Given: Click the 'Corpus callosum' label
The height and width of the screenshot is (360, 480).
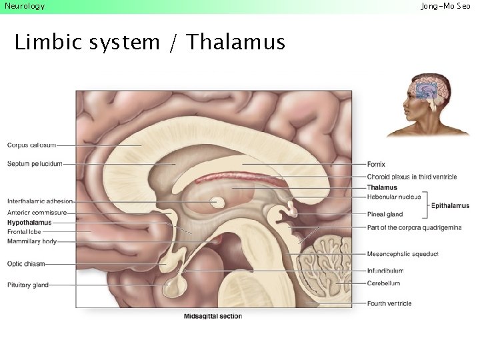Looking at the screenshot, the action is [31, 145].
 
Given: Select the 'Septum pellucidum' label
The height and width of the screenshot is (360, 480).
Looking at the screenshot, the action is [35, 163].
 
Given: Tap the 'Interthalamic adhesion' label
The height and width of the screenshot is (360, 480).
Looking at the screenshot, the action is [40, 201].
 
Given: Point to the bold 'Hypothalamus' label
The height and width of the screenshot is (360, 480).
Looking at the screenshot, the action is [29, 222].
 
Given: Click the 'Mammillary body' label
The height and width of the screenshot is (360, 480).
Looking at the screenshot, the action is [32, 241].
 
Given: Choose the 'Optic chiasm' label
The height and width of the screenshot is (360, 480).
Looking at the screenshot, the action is [25, 264].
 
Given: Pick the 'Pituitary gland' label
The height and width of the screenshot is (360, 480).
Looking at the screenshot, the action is [28, 285].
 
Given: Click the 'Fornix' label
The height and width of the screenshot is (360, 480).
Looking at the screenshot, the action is [376, 164].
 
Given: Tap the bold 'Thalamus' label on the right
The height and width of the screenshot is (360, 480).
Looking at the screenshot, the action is [382, 188].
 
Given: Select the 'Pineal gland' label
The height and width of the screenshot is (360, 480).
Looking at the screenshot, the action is [385, 215].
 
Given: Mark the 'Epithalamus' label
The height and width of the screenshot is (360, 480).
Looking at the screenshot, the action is [450, 206].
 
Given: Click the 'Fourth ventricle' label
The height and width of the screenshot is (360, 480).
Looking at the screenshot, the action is [389, 303].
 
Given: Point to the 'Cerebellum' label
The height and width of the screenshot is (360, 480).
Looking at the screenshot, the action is [383, 283].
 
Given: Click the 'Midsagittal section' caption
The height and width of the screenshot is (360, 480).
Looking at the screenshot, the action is [213, 316].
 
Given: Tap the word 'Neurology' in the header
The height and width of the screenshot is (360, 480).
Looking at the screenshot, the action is [25, 6].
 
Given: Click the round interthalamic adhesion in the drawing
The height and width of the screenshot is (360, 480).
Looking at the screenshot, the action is [217, 202].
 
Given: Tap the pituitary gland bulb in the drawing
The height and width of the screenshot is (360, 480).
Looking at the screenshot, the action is [176, 287].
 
